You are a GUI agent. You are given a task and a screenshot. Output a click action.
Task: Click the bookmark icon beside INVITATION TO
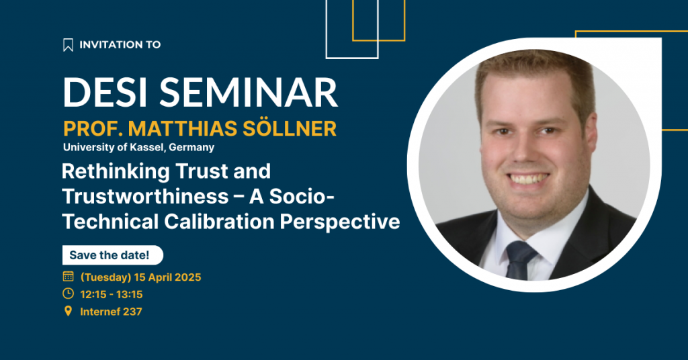[x=68, y=45]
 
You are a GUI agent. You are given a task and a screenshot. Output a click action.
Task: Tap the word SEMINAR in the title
[x=249, y=93]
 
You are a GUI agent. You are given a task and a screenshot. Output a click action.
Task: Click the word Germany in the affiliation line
[x=191, y=148]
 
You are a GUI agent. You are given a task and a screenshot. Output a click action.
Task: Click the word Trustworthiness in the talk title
[x=145, y=196]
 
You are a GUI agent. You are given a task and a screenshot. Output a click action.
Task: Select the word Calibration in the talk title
[x=220, y=222]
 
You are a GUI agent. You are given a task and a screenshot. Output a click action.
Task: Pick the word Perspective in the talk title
[x=340, y=222]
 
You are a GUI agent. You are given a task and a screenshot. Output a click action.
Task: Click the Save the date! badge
[x=113, y=255]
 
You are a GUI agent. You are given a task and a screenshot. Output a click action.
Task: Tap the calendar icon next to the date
[x=68, y=276]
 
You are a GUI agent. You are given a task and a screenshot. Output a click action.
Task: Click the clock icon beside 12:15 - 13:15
[x=68, y=294]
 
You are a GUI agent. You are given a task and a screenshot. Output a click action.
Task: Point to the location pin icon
[x=68, y=311]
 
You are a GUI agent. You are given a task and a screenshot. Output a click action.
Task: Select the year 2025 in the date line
[x=188, y=277]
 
